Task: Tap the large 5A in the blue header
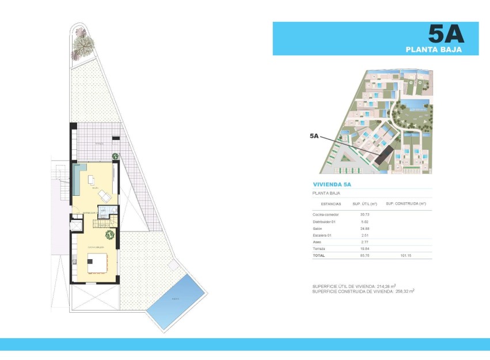[446, 34]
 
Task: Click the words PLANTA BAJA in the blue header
[442, 50]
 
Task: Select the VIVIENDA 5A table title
[332, 184]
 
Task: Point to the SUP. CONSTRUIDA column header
[405, 204]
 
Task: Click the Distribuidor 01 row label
[324, 222]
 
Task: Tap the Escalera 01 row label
[322, 235]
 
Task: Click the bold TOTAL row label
[318, 255]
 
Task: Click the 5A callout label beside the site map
[314, 136]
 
